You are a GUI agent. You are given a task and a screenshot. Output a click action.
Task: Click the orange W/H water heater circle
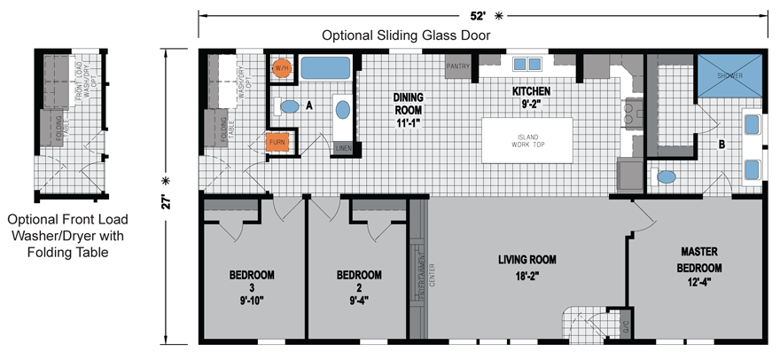coord(282,68)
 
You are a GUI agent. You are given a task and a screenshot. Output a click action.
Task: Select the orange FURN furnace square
coord(277,142)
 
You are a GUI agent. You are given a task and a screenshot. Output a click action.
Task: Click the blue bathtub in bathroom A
coord(325,68)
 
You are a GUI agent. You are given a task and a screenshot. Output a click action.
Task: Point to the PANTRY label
coord(457,66)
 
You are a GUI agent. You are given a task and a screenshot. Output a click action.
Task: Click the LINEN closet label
coord(344,148)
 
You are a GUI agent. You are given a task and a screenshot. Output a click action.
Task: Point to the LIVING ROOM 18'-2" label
coord(526,267)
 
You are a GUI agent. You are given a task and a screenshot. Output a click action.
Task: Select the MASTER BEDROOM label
coord(699,267)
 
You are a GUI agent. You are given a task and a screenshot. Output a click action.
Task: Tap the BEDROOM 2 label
coord(359,281)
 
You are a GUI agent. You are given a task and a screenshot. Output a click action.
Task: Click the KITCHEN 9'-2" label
coord(531,97)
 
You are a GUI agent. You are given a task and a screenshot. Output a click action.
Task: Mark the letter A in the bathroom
coord(309,105)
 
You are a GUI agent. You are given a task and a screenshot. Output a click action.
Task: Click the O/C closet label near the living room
coord(624,326)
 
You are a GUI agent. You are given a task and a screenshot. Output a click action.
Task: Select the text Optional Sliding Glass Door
coord(406,36)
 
